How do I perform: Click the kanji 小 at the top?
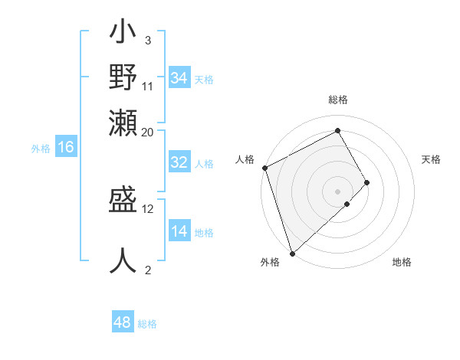pos(123,34)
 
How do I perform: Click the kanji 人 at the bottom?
pos(123,260)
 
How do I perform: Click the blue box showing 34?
pos(179,78)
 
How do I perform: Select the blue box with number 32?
pos(179,162)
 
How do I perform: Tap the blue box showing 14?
pos(179,231)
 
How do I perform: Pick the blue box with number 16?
pos(66,148)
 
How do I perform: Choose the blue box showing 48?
pos(123,322)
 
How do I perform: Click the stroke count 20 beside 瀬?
pos(148,132)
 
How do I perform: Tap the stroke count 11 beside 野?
pos(148,85)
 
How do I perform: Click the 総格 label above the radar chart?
pos(338,100)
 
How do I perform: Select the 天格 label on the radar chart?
pos(432,159)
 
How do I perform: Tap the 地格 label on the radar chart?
pos(402,262)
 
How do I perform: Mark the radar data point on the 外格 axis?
pos(291,252)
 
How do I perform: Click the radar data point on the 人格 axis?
pos(264,168)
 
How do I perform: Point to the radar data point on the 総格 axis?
pos(338,130)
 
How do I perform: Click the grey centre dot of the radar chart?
pos(338,191)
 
